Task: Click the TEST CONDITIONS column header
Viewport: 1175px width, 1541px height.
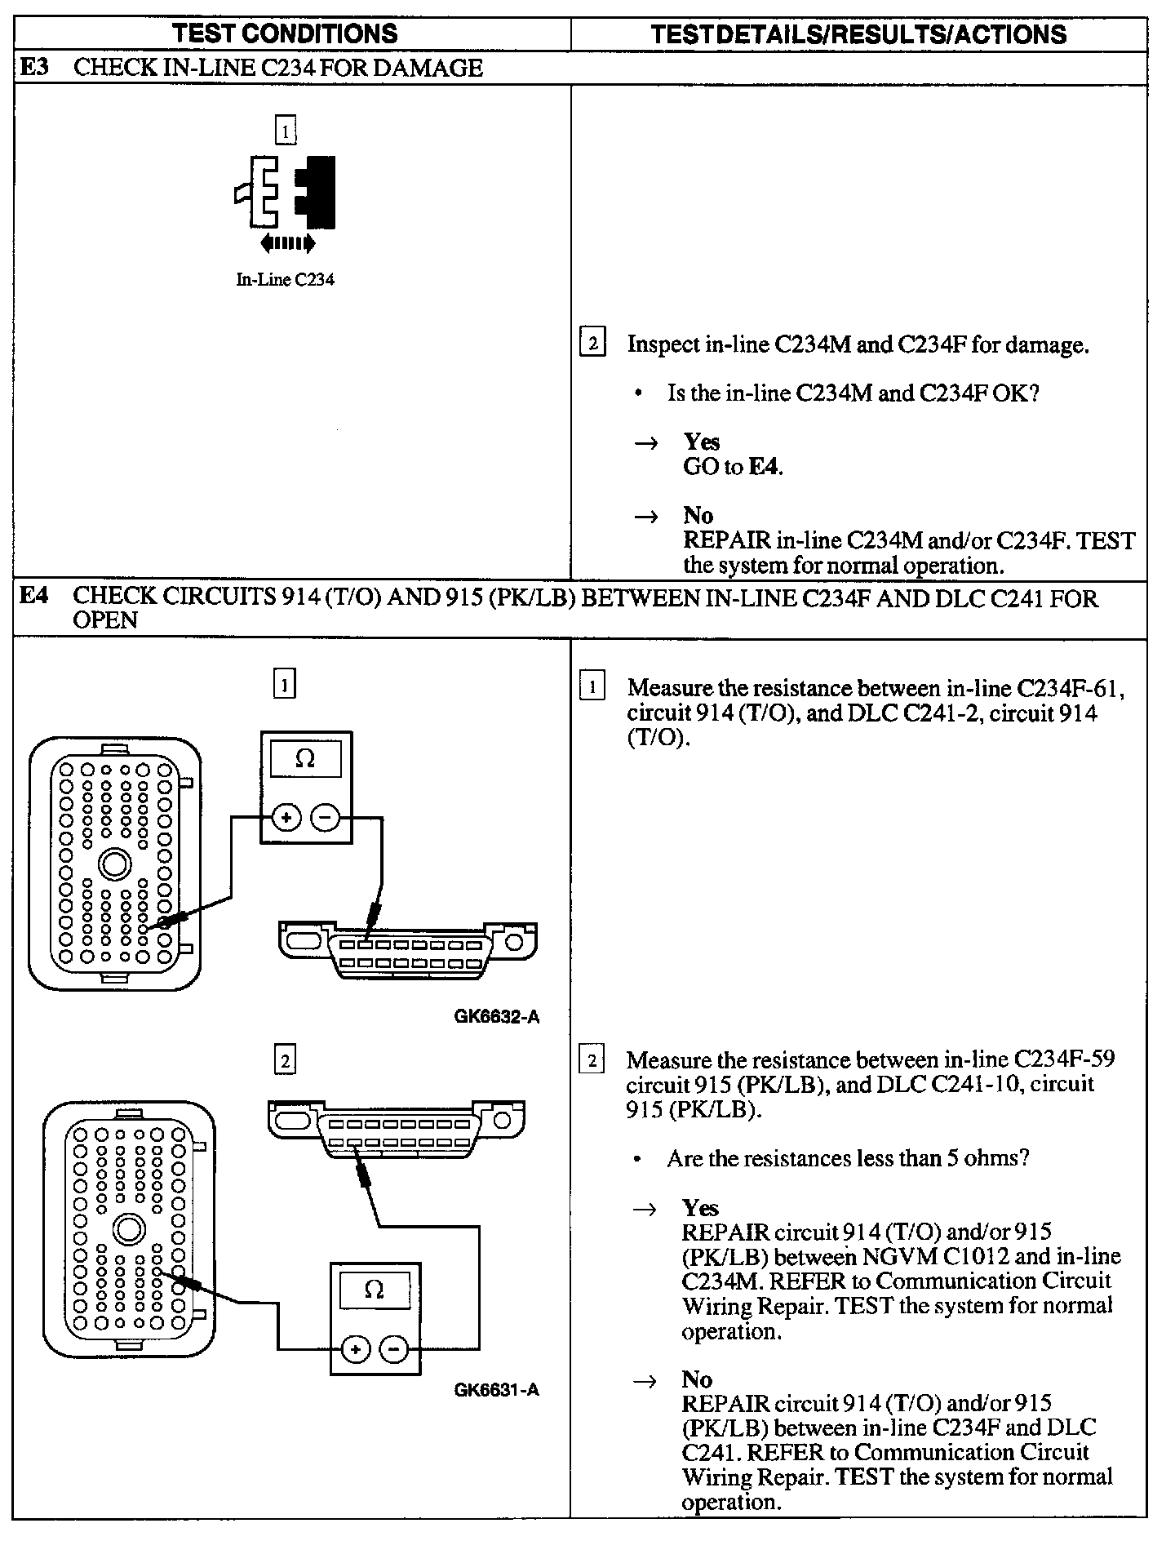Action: pyautogui.click(x=285, y=33)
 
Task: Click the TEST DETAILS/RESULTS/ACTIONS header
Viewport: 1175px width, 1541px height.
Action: pyautogui.click(x=859, y=34)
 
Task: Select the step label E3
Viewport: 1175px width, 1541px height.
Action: pyautogui.click(x=34, y=67)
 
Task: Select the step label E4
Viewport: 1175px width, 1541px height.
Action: pyautogui.click(x=34, y=596)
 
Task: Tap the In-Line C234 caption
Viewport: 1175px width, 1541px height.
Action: pyautogui.click(x=285, y=280)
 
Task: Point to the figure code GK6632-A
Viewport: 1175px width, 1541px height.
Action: pyautogui.click(x=497, y=1016)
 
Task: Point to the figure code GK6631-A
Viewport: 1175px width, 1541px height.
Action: pyautogui.click(x=497, y=1390)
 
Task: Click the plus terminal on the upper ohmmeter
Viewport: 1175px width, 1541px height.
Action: pyautogui.click(x=286, y=817)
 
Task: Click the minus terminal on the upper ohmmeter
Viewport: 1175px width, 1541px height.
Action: pyautogui.click(x=326, y=817)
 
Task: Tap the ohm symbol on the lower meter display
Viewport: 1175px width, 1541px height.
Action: pyautogui.click(x=374, y=1290)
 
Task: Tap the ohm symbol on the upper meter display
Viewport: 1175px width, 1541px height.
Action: pyautogui.click(x=304, y=759)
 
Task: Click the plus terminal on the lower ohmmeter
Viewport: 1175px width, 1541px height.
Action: pyautogui.click(x=355, y=1349)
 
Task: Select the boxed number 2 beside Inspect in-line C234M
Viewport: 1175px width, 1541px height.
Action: pyautogui.click(x=592, y=343)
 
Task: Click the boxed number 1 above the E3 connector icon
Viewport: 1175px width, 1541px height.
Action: pyautogui.click(x=285, y=131)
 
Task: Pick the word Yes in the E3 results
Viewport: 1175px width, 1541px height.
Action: pyautogui.click(x=701, y=442)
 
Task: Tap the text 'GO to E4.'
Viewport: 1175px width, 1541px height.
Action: pyautogui.click(x=732, y=468)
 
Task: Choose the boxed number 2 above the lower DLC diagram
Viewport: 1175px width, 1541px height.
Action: pyautogui.click(x=284, y=1061)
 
